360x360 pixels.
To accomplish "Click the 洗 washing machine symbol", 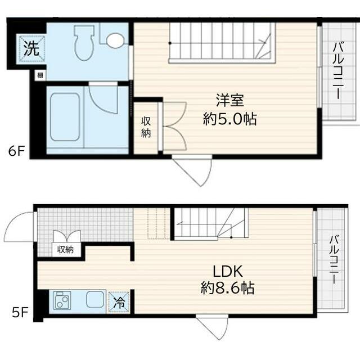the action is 31,48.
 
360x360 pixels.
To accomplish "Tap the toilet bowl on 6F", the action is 84,43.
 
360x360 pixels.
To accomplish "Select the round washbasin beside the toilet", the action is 115,40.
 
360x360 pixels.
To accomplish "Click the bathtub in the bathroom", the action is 65,117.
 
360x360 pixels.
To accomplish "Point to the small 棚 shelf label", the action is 40,75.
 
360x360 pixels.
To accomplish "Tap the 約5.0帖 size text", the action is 230,119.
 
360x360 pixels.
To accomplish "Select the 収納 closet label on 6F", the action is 146,127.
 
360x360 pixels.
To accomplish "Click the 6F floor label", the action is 16,151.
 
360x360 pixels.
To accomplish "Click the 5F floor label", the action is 20,312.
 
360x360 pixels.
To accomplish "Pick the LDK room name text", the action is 228,271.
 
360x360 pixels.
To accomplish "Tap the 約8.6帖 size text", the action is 227,288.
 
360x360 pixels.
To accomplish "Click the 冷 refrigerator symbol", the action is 119,302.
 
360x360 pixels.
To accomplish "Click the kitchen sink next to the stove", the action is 95,299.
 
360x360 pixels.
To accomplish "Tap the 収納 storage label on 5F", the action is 65,249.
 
